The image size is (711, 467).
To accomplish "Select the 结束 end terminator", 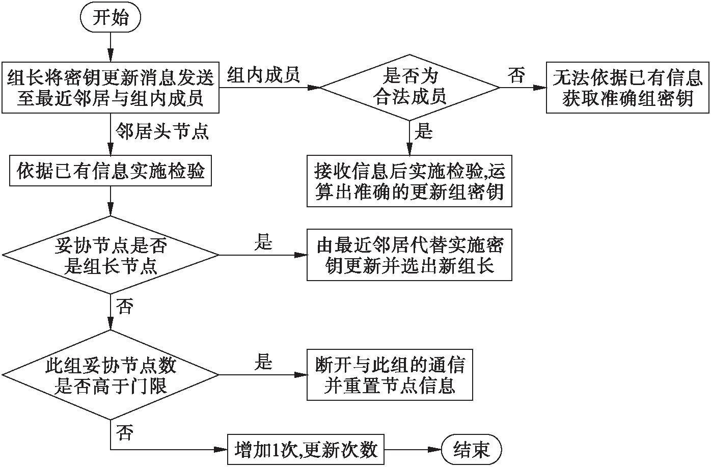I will coord(472,450).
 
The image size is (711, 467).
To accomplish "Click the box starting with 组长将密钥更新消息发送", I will coord(111,87).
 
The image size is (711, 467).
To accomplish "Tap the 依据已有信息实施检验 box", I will coord(111,171).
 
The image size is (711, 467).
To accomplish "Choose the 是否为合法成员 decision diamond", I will coord(410,87).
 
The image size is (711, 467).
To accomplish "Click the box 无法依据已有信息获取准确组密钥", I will coord(627,87).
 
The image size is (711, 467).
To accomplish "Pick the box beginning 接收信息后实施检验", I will coord(409,181).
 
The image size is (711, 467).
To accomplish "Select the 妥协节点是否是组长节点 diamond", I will coord(111,255).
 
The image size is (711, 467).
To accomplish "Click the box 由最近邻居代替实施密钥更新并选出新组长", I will coord(409,255).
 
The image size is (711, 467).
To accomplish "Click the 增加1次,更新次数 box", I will coord(306,450).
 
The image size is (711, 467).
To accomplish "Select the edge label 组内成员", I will coord(263,75).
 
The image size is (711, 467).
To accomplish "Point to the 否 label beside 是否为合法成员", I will coord(516,76).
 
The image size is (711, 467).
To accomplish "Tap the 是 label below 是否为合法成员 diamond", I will coord(424,132).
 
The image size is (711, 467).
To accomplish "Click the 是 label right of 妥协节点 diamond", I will coord(263,242).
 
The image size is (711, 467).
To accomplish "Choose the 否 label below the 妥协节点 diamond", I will coord(125,307).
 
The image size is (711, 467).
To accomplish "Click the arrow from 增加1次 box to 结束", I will coord(413,450).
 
